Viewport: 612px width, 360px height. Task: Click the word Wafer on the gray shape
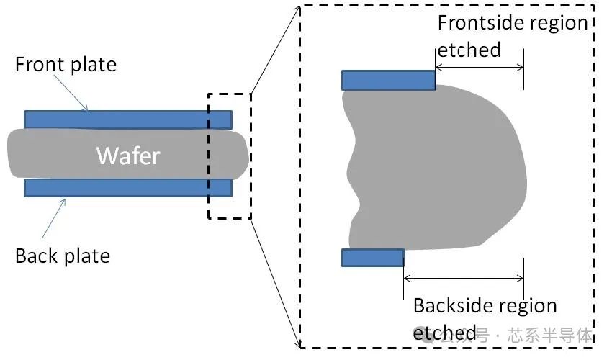coord(128,155)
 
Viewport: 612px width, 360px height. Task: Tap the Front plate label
coord(66,65)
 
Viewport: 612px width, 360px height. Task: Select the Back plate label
coord(63,256)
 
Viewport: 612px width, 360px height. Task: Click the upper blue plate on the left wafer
coord(128,120)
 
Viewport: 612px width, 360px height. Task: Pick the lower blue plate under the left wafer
coord(128,188)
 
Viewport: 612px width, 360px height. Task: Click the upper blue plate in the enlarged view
coord(388,80)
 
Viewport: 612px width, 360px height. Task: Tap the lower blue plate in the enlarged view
coord(372,258)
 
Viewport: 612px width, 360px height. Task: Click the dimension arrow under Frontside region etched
coord(480,68)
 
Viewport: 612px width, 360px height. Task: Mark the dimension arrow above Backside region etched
coord(464,278)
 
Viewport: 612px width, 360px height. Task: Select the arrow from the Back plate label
coord(54,219)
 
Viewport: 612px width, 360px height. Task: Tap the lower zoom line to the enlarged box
coord(274,281)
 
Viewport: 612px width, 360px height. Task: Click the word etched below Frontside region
coord(469,50)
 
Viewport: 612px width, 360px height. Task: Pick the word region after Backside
coord(527,306)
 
